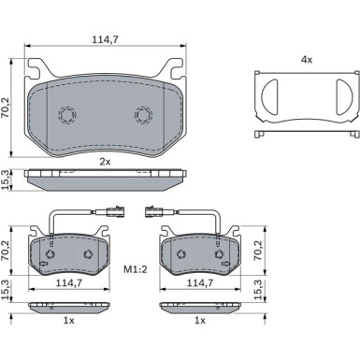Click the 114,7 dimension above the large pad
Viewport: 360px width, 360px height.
(x=105, y=39)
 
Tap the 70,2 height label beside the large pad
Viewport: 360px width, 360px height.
(x=5, y=108)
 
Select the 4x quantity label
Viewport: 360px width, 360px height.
(x=307, y=60)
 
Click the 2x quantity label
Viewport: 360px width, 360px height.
(x=105, y=162)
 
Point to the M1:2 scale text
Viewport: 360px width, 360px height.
(x=136, y=269)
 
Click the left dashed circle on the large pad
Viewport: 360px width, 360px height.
(x=67, y=115)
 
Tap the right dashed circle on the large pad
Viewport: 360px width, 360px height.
(x=143, y=115)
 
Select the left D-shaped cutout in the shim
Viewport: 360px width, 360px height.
(x=269, y=96)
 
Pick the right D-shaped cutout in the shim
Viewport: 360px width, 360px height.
(x=344, y=96)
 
